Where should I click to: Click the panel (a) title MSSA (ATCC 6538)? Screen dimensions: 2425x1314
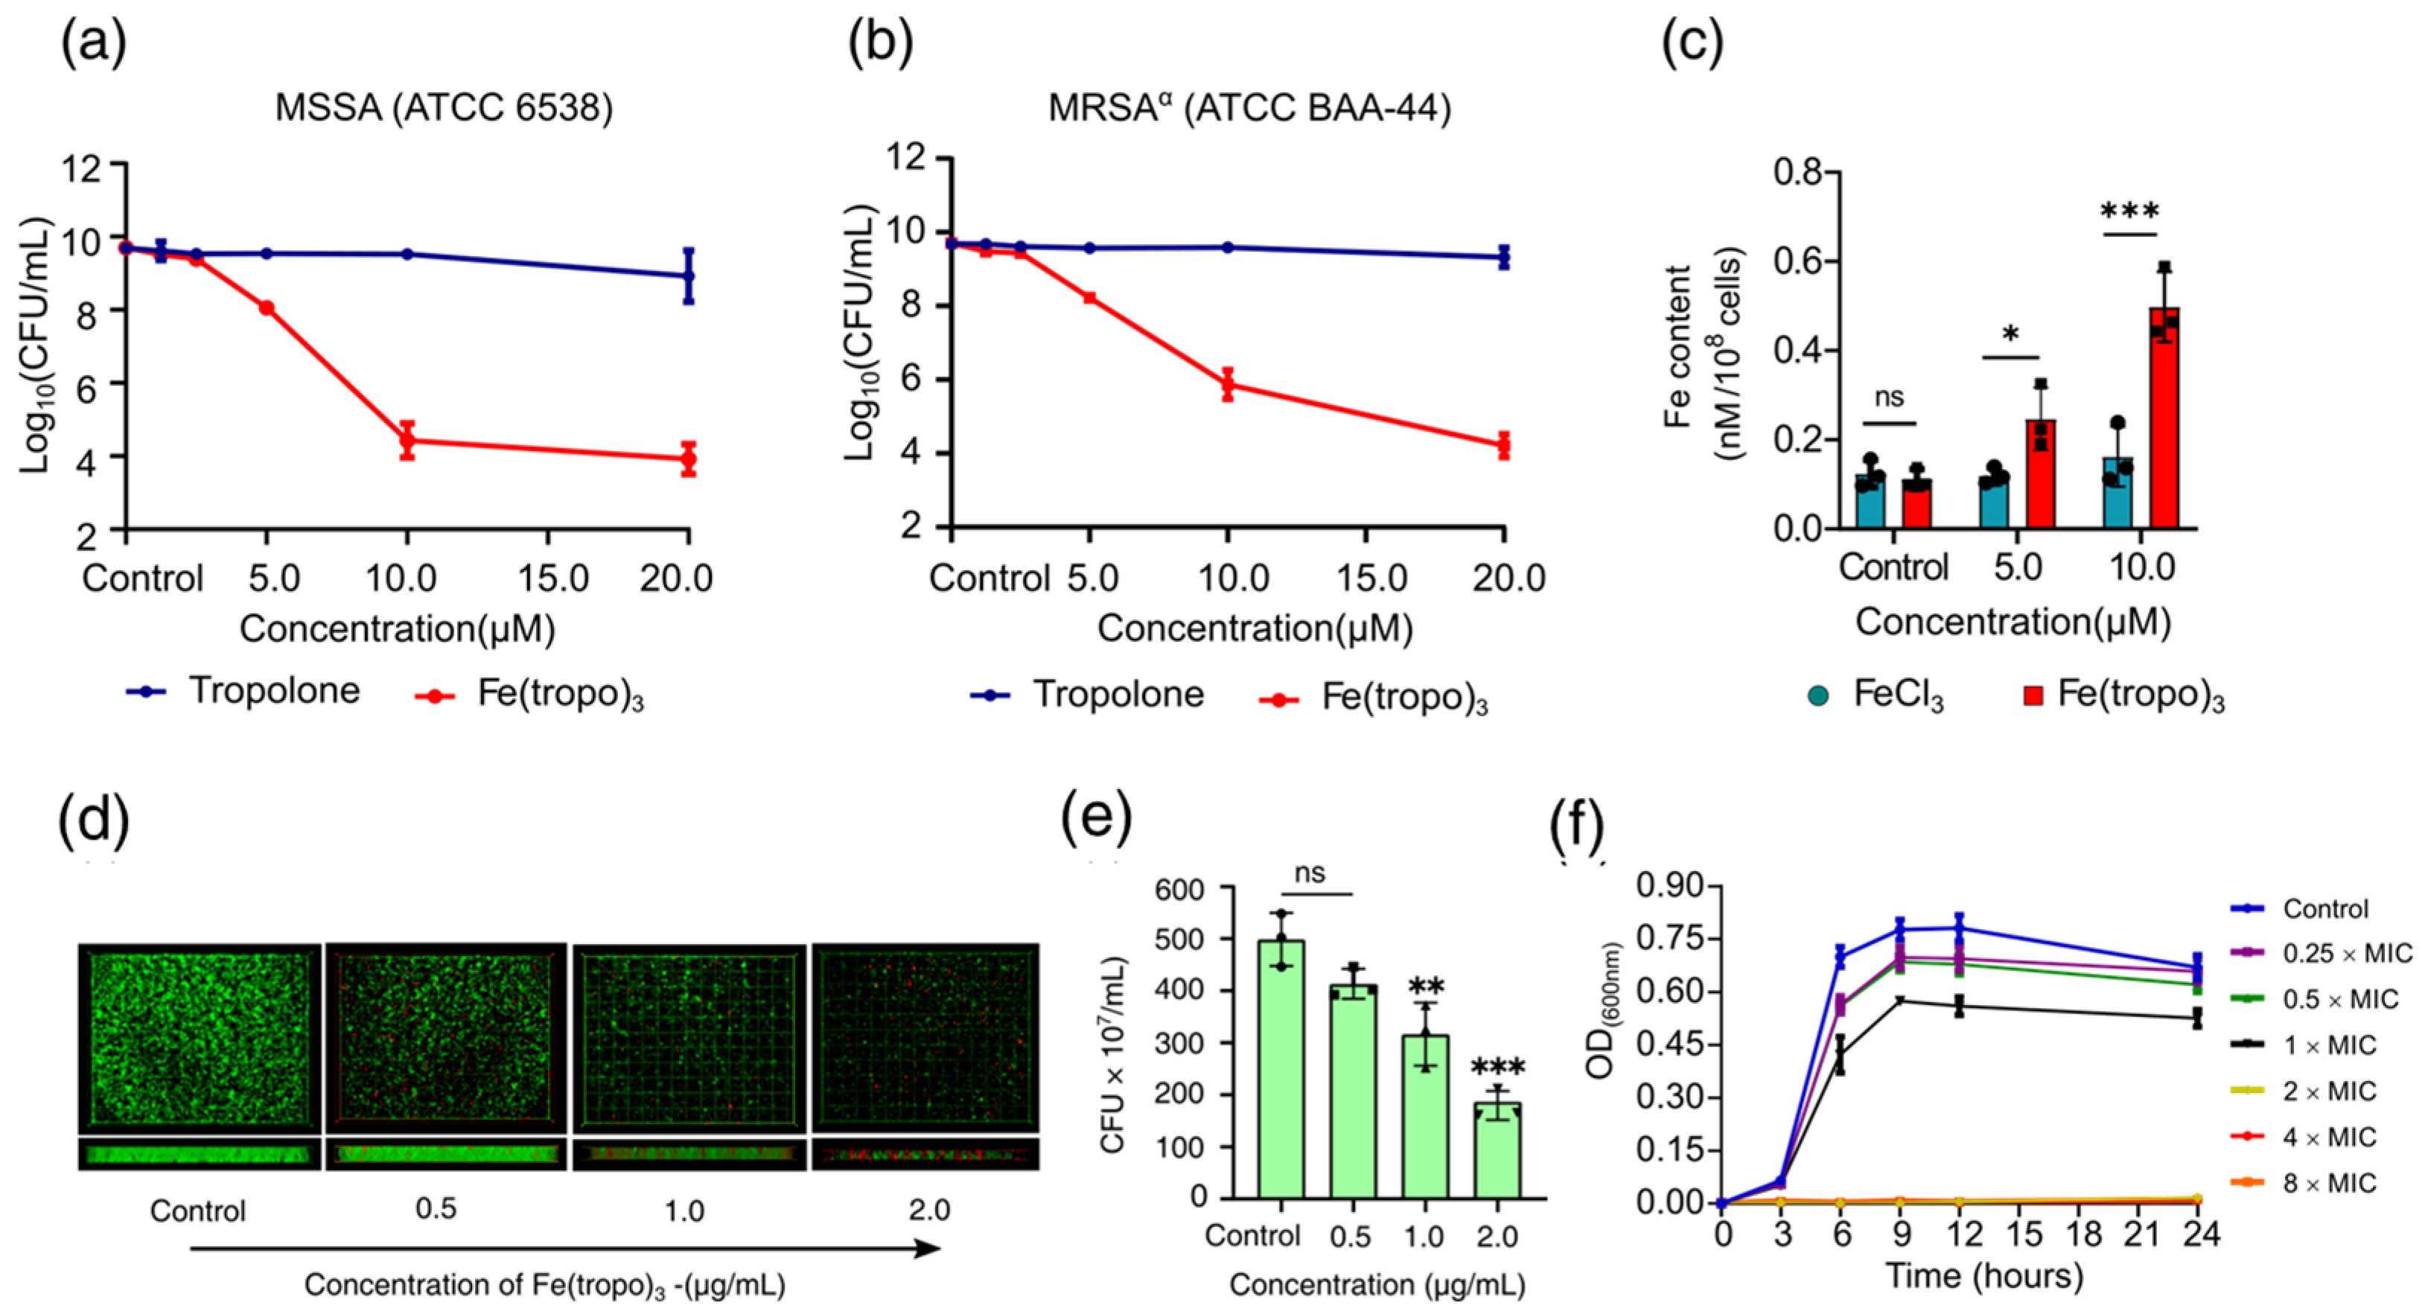tap(444, 108)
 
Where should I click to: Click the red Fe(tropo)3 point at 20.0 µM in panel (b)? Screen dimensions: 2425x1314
tap(1503, 445)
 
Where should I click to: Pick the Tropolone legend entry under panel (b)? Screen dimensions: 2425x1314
tap(1087, 694)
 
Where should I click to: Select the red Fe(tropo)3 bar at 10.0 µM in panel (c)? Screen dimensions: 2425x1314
tap(2164, 417)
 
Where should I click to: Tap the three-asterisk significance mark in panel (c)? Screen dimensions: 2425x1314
tap(2130, 210)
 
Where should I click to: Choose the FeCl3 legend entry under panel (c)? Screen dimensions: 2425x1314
tap(1876, 695)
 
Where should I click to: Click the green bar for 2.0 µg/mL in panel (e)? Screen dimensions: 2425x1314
tap(1497, 1150)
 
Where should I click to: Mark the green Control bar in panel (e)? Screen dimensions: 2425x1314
tap(1281, 1069)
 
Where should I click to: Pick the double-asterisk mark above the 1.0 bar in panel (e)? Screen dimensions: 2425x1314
tap(1425, 987)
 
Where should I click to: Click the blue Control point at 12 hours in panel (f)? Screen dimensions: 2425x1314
tap(1959, 928)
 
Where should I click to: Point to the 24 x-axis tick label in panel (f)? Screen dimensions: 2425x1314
tap(2201, 1233)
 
